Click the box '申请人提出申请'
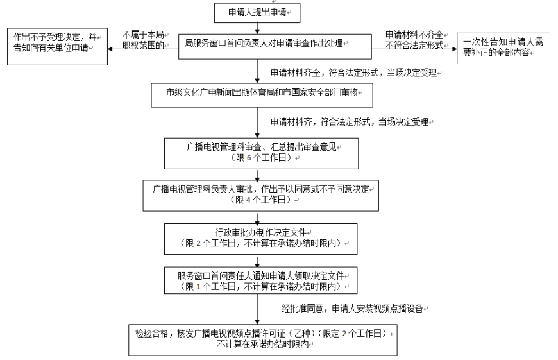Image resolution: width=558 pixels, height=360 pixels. point(257,13)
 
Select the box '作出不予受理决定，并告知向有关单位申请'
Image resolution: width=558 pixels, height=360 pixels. point(57,47)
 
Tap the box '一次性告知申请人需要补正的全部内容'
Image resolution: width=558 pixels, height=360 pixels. point(503,48)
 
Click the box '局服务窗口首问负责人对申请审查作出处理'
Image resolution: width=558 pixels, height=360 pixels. point(275,47)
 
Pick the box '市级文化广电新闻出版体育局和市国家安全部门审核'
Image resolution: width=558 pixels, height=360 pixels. point(262,96)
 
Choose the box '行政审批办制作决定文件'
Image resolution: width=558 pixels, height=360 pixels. point(261,239)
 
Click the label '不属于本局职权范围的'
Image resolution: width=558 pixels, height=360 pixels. point(143,40)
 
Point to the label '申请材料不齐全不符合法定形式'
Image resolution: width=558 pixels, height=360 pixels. point(414,40)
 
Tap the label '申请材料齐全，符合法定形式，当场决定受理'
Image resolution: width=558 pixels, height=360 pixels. point(354,73)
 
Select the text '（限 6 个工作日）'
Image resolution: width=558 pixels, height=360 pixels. point(261,158)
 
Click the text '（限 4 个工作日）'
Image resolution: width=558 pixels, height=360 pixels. point(260,200)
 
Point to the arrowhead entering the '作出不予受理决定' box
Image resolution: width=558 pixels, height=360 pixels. point(110,49)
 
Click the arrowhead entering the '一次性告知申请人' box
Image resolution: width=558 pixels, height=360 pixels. point(454,49)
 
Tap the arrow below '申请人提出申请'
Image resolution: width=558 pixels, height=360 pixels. point(257,28)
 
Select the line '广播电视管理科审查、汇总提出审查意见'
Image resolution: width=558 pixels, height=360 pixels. point(261,147)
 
